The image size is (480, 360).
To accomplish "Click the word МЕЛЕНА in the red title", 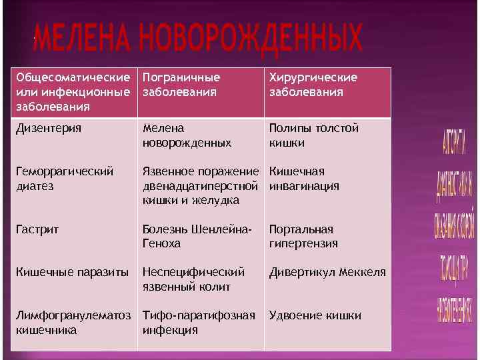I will coord(83,41).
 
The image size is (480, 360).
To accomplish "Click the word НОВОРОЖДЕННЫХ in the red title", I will coord(253,41).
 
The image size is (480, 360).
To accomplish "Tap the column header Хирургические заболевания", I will coord(313,85).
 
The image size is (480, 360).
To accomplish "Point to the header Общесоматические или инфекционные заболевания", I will coord(74,92).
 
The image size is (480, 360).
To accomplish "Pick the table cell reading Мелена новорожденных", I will coord(187,135).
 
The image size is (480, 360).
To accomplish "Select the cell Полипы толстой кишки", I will coord(313,135).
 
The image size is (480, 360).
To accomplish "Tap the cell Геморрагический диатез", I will coord(64,179).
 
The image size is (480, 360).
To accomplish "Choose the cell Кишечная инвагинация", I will coord(304,179).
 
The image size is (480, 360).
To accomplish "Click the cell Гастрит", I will coord(37,229).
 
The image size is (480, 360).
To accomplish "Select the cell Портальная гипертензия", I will coord(303,236).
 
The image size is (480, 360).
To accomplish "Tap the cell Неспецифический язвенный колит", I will coord(194,279).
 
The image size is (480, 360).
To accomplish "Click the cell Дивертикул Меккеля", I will coord(327,272).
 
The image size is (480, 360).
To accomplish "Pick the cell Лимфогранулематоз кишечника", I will coord(74,322).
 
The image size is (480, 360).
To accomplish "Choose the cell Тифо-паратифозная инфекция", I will coord(199,322).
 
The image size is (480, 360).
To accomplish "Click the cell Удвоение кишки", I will coord(315,315).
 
